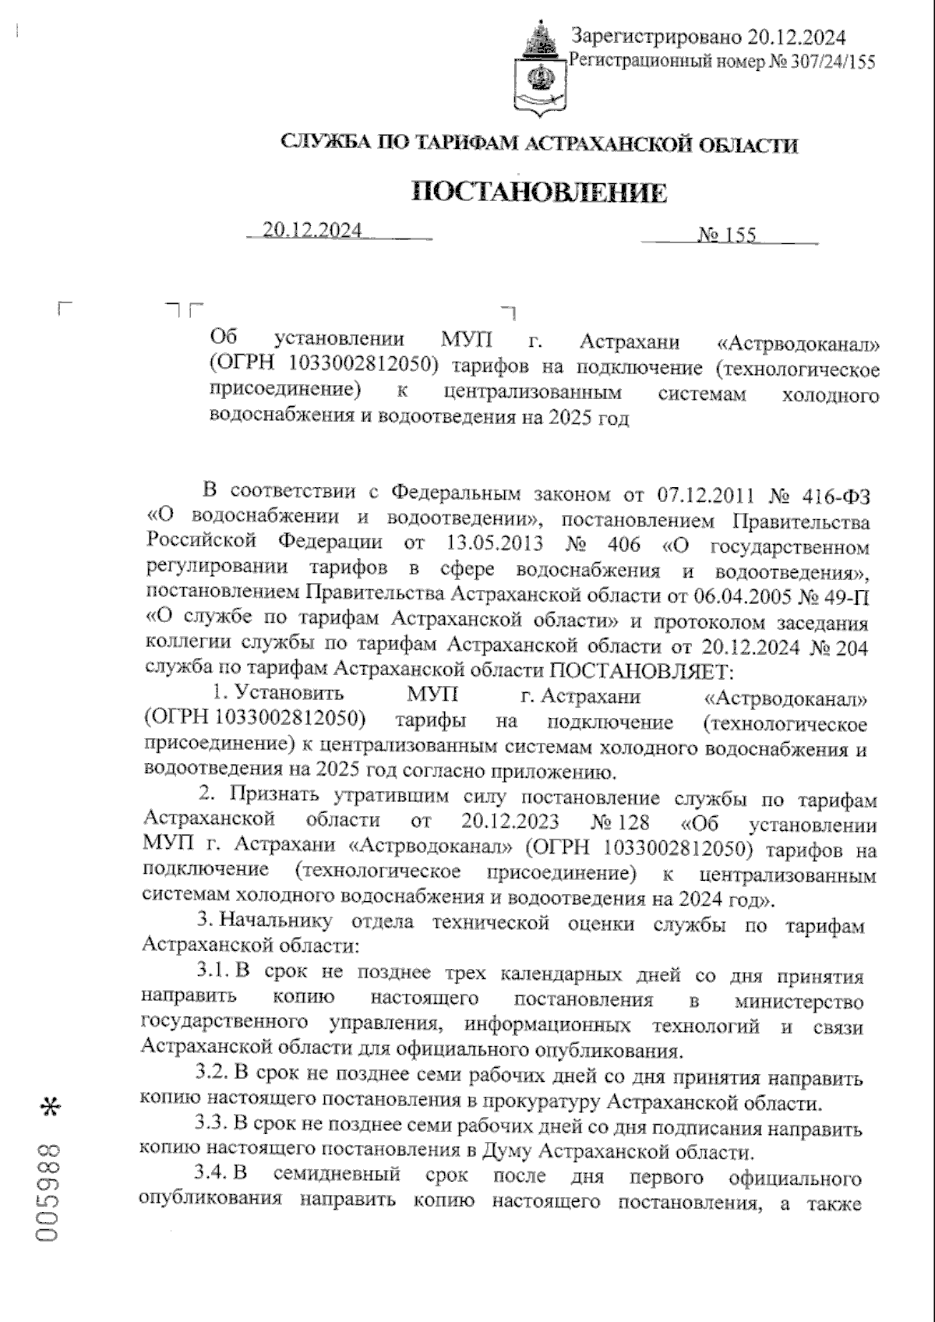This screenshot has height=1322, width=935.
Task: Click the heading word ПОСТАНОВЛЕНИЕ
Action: point(538,192)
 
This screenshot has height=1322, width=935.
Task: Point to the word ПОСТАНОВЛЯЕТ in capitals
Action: point(641,671)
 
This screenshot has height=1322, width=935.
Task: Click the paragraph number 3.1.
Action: point(213,975)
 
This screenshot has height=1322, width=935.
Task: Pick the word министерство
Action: point(799,1001)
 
